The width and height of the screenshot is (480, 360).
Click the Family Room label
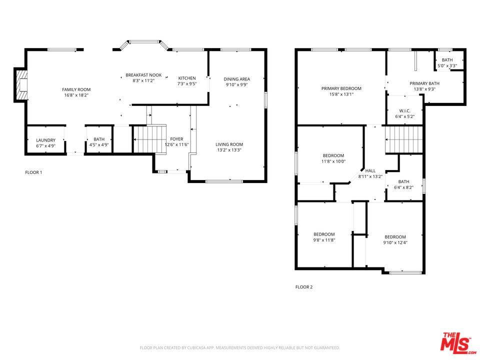[x=76, y=89]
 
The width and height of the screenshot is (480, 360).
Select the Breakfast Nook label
[x=143, y=75]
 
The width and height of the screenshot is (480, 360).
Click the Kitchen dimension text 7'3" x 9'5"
[x=187, y=84]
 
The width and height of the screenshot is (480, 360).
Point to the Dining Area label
[x=236, y=79]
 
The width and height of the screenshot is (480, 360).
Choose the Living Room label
[x=229, y=144]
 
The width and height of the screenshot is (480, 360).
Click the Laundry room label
[x=45, y=140]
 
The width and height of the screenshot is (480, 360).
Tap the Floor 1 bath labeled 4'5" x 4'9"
[x=99, y=142]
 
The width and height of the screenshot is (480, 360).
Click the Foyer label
[x=176, y=139]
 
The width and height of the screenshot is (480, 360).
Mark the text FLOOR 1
[x=33, y=172]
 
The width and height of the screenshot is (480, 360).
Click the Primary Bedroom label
[x=341, y=88]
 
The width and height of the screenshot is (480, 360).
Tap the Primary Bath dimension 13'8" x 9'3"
[x=424, y=89]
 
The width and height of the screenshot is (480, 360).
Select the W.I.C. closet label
[x=404, y=110]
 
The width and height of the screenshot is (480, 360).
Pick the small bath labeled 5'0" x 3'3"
[x=447, y=63]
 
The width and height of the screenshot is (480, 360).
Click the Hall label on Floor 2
[x=370, y=170]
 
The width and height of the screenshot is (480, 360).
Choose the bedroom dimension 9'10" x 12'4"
[x=395, y=243]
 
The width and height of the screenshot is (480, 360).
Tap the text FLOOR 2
[x=303, y=287]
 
